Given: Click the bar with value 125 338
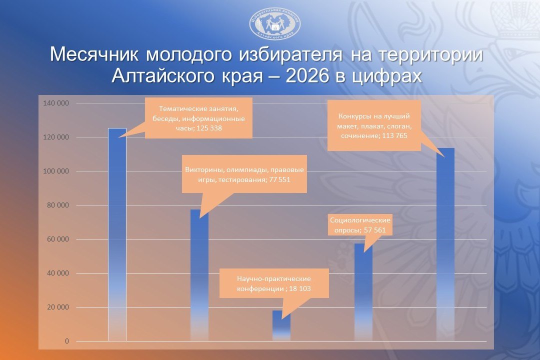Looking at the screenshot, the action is coord(117,234).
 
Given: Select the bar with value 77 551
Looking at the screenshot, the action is coord(199,275).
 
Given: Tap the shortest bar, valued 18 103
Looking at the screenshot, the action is coord(281,325).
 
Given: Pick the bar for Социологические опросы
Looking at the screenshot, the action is coord(363,292).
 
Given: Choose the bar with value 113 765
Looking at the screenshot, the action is coord(445,244).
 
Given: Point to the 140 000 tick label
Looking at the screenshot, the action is coord(56,103).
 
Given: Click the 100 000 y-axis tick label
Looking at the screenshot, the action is coord(56,171).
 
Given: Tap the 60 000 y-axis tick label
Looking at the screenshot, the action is coord(58,239).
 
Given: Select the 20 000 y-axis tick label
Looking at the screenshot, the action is coord(58,307).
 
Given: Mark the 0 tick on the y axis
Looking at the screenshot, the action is coord(67,341).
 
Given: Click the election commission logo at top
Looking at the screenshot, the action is coord(275,23).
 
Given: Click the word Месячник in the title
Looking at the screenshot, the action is coord(94,54).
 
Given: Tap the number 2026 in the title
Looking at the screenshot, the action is coord(307,76).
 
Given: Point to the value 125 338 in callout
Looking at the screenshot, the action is coord(209,128).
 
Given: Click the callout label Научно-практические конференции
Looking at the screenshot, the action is coord(274,283).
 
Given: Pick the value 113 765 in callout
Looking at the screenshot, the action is coord(394,135).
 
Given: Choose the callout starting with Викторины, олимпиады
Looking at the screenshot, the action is coord(244,174).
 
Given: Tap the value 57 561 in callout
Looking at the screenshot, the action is coord(374,230).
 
